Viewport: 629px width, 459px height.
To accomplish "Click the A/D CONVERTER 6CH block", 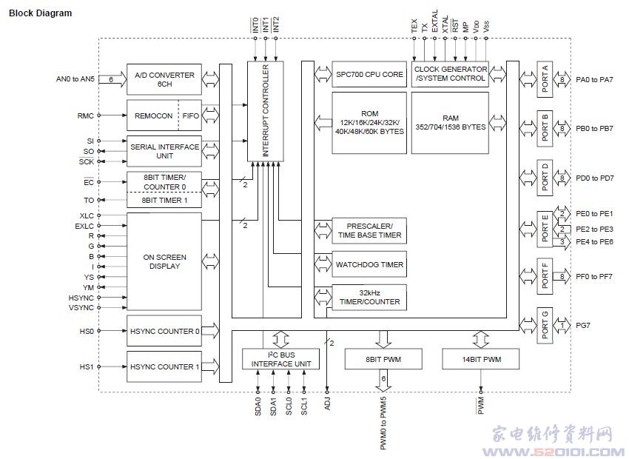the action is click(x=164, y=79).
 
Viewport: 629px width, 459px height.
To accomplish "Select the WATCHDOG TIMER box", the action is click(x=369, y=264).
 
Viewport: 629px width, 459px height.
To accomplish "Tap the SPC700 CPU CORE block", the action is click(x=369, y=74).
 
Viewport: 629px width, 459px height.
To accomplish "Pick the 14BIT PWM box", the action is click(x=480, y=359).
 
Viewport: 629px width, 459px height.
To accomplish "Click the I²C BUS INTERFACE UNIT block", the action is click(x=280, y=359).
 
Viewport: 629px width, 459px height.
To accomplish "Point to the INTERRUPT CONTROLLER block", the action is click(x=266, y=111).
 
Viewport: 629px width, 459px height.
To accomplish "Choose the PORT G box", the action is click(x=545, y=326).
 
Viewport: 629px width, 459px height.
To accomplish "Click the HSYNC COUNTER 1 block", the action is click(x=164, y=366).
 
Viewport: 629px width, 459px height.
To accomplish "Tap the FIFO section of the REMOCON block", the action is click(x=190, y=115).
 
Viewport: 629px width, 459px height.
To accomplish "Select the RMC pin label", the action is click(x=85, y=115).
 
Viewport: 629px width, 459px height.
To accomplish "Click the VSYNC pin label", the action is click(x=81, y=308).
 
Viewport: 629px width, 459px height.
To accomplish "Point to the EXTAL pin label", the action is click(x=435, y=21).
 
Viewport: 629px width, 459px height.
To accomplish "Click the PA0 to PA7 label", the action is click(x=594, y=79).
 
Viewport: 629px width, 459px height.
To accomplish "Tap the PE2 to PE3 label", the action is click(x=594, y=229).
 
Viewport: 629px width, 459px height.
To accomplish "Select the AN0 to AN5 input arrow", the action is click(x=112, y=79).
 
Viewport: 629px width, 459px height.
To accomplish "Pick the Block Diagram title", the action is click(x=40, y=13).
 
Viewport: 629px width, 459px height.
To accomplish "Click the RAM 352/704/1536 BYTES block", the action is click(x=450, y=123).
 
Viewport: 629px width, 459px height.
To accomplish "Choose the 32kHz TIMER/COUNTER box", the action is click(x=369, y=298).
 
